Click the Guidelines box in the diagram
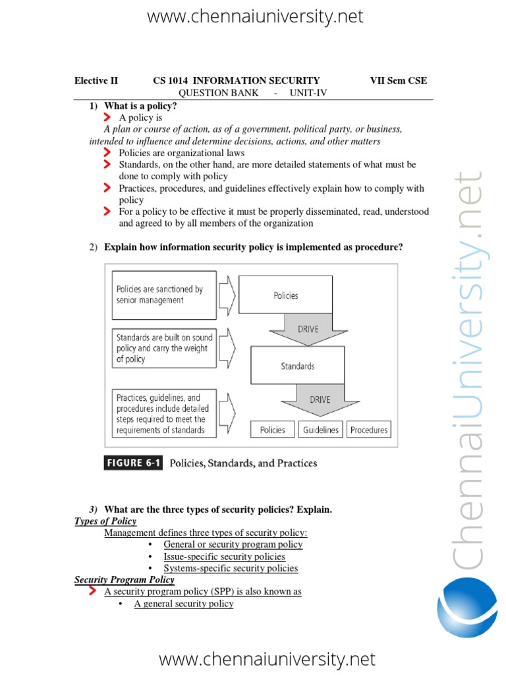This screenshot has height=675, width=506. click(x=321, y=430)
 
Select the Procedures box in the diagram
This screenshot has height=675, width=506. click(x=368, y=430)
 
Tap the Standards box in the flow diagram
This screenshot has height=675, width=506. click(x=298, y=366)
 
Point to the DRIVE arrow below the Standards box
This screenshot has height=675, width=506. click(x=320, y=399)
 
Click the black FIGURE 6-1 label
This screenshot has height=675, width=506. click(x=134, y=463)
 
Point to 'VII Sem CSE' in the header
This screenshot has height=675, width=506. click(x=399, y=81)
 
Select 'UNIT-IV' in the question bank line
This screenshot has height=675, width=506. click(x=308, y=93)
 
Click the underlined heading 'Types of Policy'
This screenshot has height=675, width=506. click(x=105, y=521)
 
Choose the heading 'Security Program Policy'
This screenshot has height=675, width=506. click(x=125, y=580)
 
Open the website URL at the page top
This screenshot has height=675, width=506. click(x=255, y=16)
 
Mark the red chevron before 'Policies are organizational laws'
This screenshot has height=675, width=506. click(x=107, y=153)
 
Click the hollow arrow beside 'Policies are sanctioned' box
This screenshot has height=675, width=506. click(x=226, y=294)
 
